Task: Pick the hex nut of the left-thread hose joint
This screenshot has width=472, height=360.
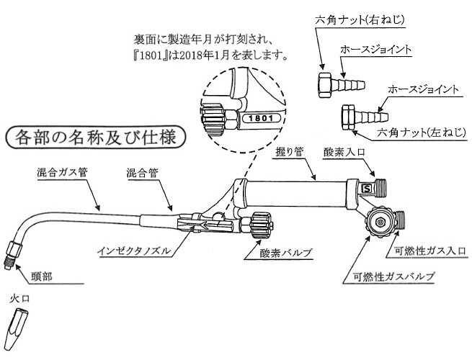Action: pos(350,116)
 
